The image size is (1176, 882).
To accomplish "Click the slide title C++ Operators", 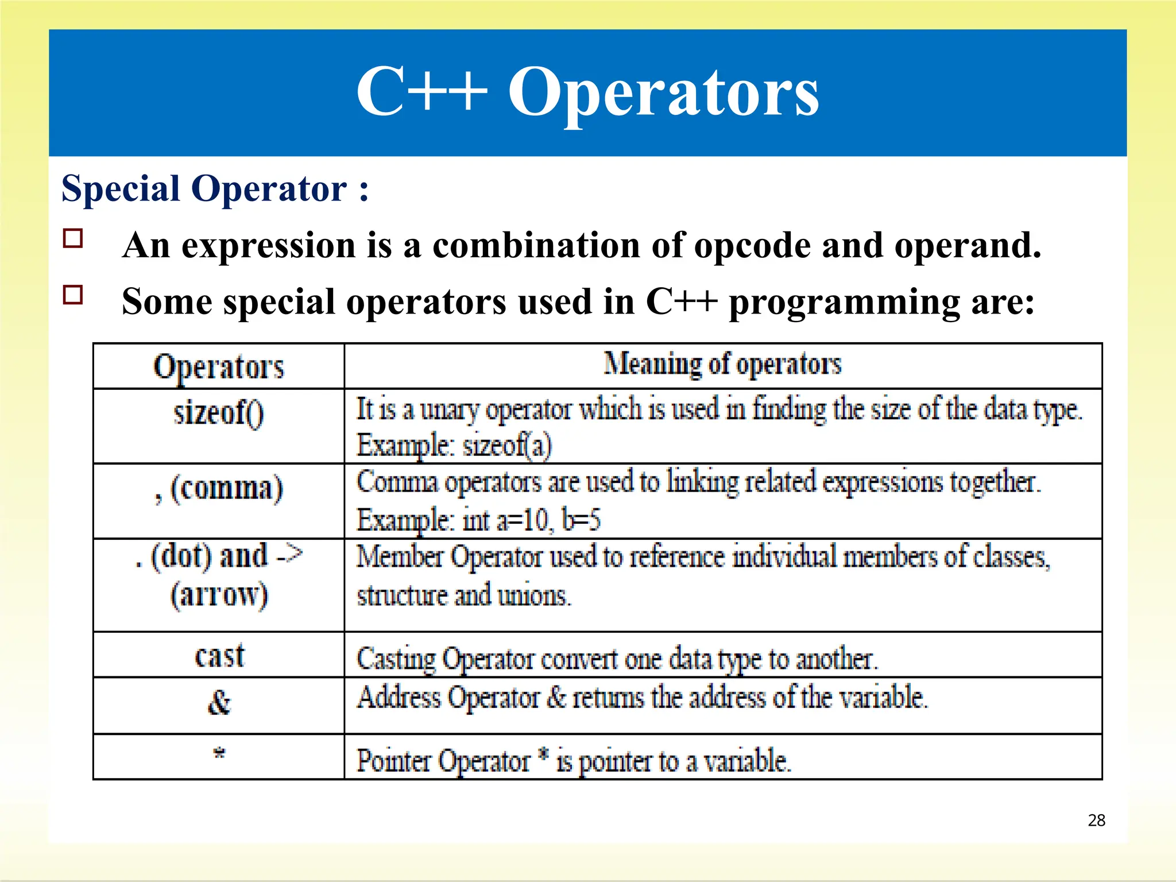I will click(587, 92).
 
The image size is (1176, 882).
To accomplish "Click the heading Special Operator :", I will click(215, 189).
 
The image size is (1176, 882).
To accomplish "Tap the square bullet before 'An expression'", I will click(73, 238).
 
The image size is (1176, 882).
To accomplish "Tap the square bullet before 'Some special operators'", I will click(73, 295).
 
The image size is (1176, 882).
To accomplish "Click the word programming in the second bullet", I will click(844, 303).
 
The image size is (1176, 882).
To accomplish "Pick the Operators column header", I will click(218, 367).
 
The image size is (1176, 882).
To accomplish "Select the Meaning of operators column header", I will click(722, 364).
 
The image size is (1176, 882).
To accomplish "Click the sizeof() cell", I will click(218, 413).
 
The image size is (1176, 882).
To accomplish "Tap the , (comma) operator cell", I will click(218, 489).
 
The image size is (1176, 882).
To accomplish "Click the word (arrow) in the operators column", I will click(219, 595).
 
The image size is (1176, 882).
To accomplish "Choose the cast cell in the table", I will click(219, 656).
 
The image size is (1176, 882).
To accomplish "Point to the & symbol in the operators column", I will click(219, 702).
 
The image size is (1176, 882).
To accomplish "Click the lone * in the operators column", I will click(219, 753).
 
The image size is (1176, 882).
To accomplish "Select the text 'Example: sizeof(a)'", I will click(454, 446).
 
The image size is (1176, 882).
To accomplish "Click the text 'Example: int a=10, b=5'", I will click(478, 520).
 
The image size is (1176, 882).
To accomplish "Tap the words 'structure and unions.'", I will click(463, 595).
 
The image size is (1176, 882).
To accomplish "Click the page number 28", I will click(1096, 820).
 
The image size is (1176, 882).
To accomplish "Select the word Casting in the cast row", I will click(396, 659).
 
